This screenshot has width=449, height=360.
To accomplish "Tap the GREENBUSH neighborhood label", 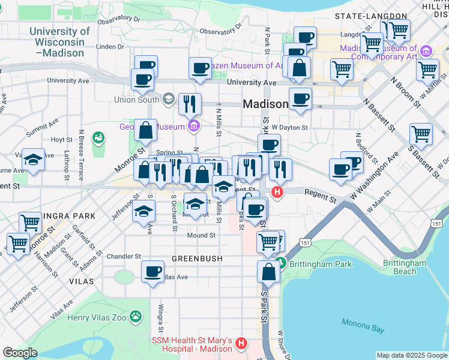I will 197,259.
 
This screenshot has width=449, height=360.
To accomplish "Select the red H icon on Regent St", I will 277,193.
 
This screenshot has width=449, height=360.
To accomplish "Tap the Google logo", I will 20,353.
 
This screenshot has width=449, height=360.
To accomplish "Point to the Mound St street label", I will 200,236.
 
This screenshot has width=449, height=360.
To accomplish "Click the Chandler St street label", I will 124,256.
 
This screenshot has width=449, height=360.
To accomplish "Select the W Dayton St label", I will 289,127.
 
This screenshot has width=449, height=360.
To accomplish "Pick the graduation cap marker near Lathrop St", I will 33,160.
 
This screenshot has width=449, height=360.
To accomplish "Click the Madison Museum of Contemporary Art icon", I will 427,52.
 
